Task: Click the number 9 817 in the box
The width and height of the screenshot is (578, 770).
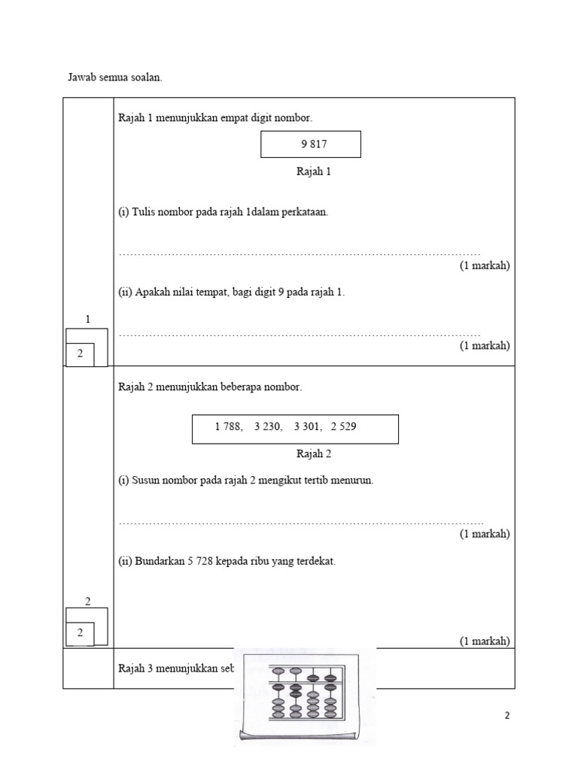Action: pos(314,144)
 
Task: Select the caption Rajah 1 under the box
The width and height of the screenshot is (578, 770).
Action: pos(314,171)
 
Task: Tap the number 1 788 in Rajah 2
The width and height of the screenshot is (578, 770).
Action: pos(228,427)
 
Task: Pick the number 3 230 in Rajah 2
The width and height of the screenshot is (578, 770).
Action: pos(268,427)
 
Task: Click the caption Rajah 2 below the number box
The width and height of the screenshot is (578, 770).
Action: pos(314,454)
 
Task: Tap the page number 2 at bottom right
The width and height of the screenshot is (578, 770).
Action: pos(507,716)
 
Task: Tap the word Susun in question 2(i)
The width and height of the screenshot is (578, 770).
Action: pos(146,480)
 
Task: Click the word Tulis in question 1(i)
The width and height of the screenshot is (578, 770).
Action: pos(144,212)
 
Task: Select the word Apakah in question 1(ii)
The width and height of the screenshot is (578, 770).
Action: pos(152,293)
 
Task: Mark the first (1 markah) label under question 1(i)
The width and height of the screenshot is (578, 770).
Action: pos(485,265)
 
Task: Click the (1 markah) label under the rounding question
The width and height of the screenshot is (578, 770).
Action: pos(485,641)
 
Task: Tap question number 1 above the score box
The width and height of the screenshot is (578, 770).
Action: pos(87,320)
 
